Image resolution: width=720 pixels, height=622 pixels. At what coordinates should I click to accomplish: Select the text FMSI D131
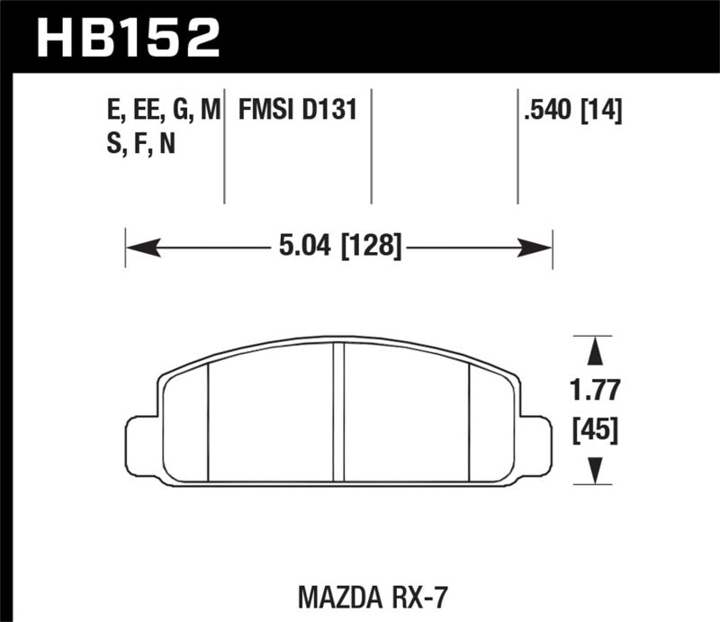[298, 112]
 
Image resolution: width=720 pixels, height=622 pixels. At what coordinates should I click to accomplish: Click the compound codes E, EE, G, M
[162, 112]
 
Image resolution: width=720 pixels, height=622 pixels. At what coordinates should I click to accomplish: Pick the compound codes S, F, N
[139, 143]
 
